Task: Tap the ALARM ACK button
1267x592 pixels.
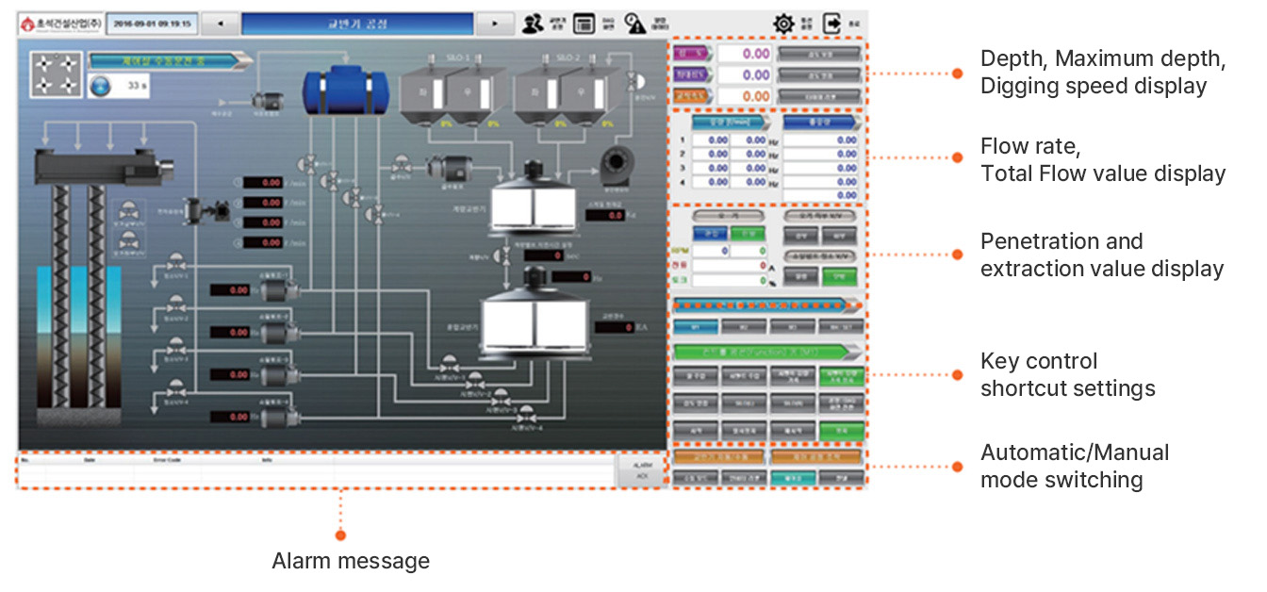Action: [641, 470]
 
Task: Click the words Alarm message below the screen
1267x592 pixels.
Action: [351, 562]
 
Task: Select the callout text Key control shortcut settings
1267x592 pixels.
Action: [1067, 374]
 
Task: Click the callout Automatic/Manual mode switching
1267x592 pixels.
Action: [1074, 466]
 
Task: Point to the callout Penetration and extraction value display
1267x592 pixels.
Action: [1101, 255]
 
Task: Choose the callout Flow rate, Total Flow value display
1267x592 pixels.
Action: [1102, 160]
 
